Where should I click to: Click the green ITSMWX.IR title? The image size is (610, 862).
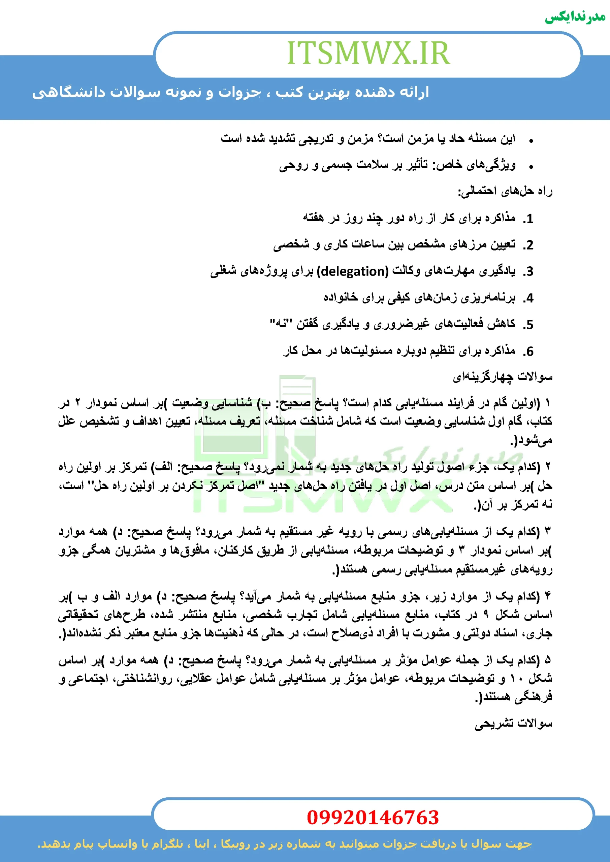[368, 53]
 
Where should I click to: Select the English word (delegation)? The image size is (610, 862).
[353, 271]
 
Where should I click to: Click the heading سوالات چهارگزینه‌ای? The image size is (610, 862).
[502, 376]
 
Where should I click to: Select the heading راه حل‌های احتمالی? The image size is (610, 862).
[505, 192]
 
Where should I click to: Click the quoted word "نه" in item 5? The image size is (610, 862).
[278, 323]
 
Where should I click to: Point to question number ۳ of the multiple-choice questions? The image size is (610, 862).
[547, 532]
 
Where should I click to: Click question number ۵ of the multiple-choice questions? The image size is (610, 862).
[547, 660]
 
